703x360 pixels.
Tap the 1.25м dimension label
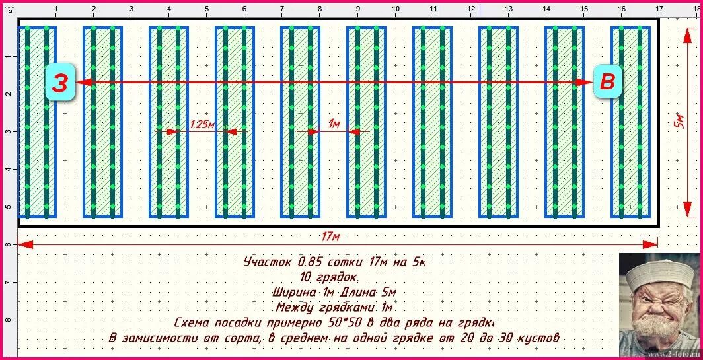[202, 124]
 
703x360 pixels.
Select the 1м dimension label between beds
[334, 124]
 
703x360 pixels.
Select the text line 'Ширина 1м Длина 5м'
[334, 292]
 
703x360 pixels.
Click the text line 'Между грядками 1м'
[334, 307]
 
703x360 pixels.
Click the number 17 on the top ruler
[659, 9]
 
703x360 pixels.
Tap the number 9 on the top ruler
[357, 9]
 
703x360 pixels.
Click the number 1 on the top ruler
[55, 9]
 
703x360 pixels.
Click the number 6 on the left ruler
[8, 244]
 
